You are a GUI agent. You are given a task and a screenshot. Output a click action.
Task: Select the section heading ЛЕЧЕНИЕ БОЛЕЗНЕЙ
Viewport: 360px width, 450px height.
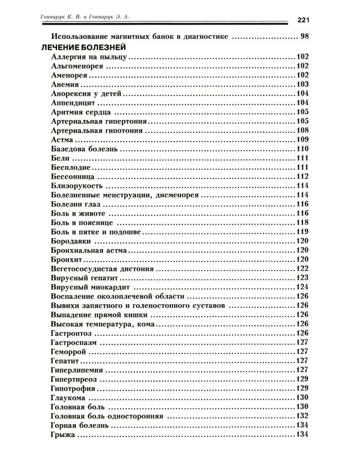click(82, 47)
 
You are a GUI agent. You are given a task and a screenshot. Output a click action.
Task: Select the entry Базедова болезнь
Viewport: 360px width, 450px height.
click(80, 149)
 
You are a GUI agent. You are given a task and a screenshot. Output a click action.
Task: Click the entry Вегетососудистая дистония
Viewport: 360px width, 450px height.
click(95, 268)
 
